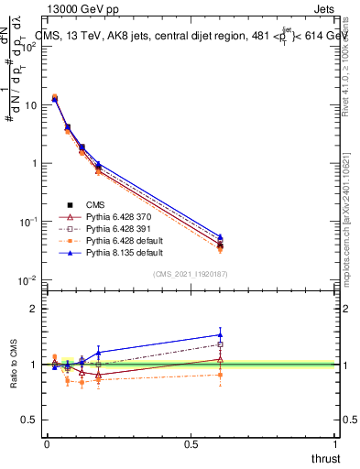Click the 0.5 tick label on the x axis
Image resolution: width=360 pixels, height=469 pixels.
click(191, 442)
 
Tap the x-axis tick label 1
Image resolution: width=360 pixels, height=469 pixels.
click(336, 442)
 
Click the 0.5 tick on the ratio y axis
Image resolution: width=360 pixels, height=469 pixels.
click(29, 420)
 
